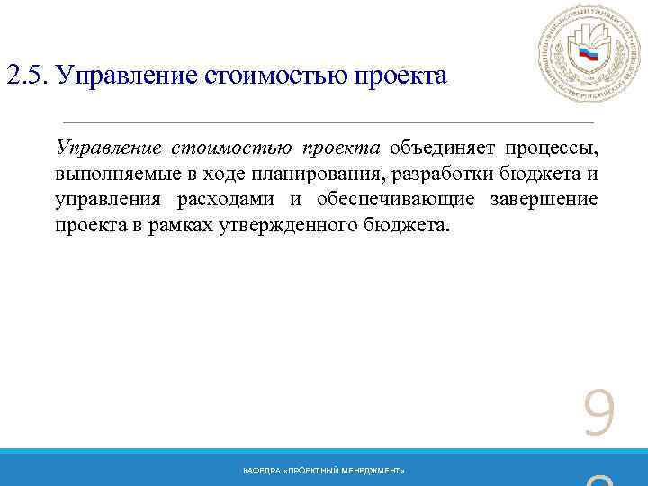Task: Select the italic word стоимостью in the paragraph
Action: pyautogui.click(x=231, y=148)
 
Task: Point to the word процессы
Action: pyautogui.click(x=551, y=148)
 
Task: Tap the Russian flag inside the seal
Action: pyautogui.click(x=589, y=53)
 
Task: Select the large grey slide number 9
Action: pyautogui.click(x=599, y=415)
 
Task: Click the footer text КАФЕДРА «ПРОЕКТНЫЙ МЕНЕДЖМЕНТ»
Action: pyautogui.click(x=323, y=472)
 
